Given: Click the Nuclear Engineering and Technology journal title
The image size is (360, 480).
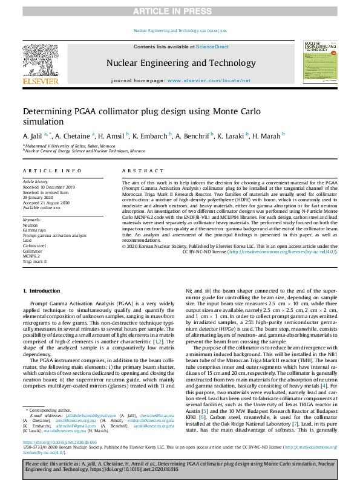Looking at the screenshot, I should (179, 62).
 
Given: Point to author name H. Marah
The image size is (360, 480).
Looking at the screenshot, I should (265, 135).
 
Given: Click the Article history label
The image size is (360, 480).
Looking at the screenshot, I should (36, 181).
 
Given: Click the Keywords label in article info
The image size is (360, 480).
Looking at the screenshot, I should (32, 219).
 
